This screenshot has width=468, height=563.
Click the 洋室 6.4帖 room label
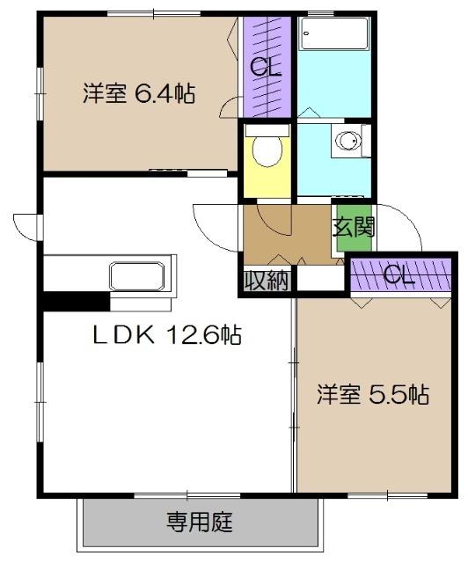coord(139,92)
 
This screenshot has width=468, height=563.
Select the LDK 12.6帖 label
coord(167,334)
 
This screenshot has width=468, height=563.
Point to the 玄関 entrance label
coord(354,227)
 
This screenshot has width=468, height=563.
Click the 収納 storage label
coord(267,281)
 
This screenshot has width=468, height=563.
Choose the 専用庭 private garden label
coord(200,523)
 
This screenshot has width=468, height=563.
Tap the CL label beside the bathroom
coord(266,66)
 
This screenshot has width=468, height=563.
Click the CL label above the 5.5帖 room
coord(399,276)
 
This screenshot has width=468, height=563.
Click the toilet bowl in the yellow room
coord(266,152)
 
